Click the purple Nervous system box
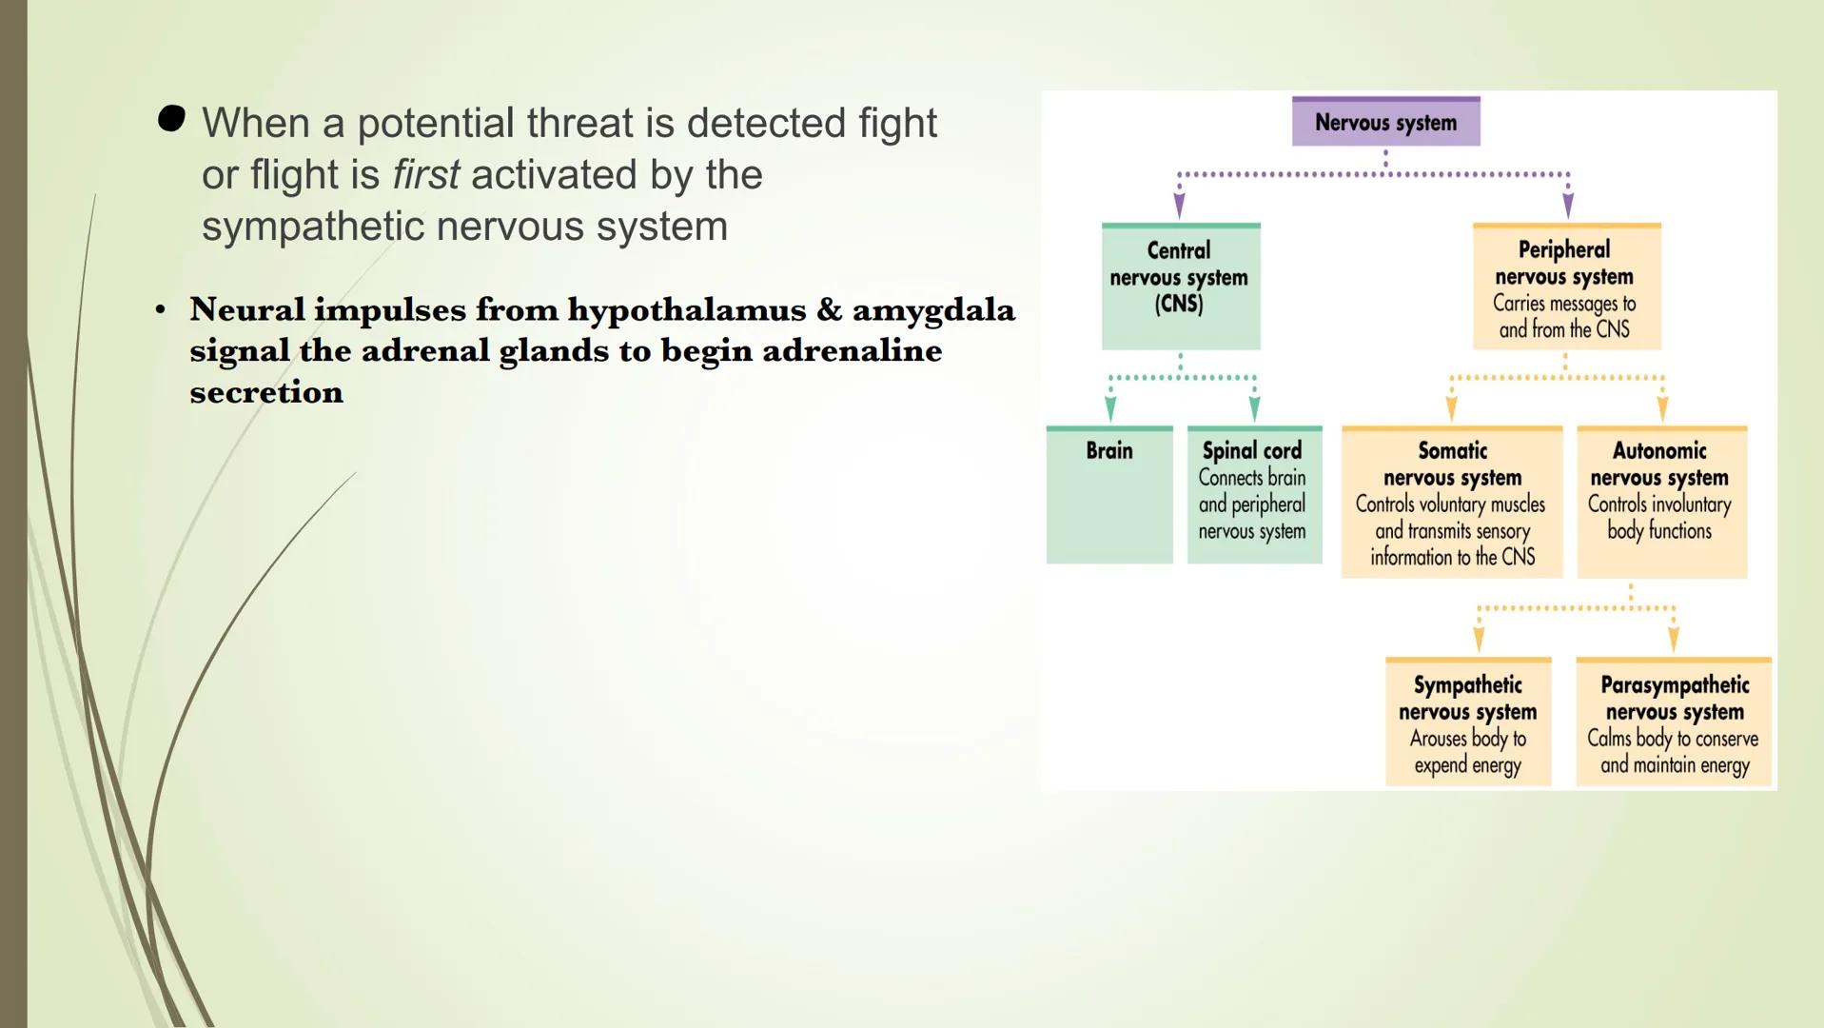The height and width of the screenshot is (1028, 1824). point(1385,122)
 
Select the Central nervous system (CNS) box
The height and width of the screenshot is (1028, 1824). point(1180,286)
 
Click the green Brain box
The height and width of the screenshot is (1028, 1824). point(1109,494)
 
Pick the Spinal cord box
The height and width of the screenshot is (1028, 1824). point(1253,494)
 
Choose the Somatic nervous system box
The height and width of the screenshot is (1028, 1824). point(1452,502)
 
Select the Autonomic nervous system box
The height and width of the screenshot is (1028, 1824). point(1661,502)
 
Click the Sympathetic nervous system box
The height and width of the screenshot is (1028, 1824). point(1467,722)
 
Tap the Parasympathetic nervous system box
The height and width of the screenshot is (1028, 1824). point(1674,722)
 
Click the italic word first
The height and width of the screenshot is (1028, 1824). point(425,175)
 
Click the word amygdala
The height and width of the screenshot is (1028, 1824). point(933,310)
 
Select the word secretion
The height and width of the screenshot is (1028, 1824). point(266,392)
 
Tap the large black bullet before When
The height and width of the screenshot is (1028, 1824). point(172,119)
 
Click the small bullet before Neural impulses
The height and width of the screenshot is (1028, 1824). point(160,310)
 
